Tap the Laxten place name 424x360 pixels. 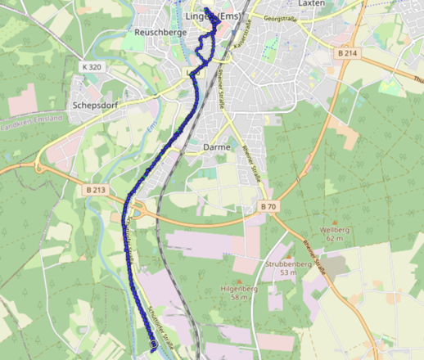click(x=313, y=3)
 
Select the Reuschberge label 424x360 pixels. click(x=156, y=33)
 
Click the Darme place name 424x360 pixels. click(x=214, y=147)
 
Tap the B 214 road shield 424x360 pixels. click(x=348, y=52)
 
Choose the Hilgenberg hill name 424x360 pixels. click(x=239, y=289)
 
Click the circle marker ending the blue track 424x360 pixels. click(x=154, y=345)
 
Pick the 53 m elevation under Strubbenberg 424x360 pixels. click(x=287, y=273)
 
